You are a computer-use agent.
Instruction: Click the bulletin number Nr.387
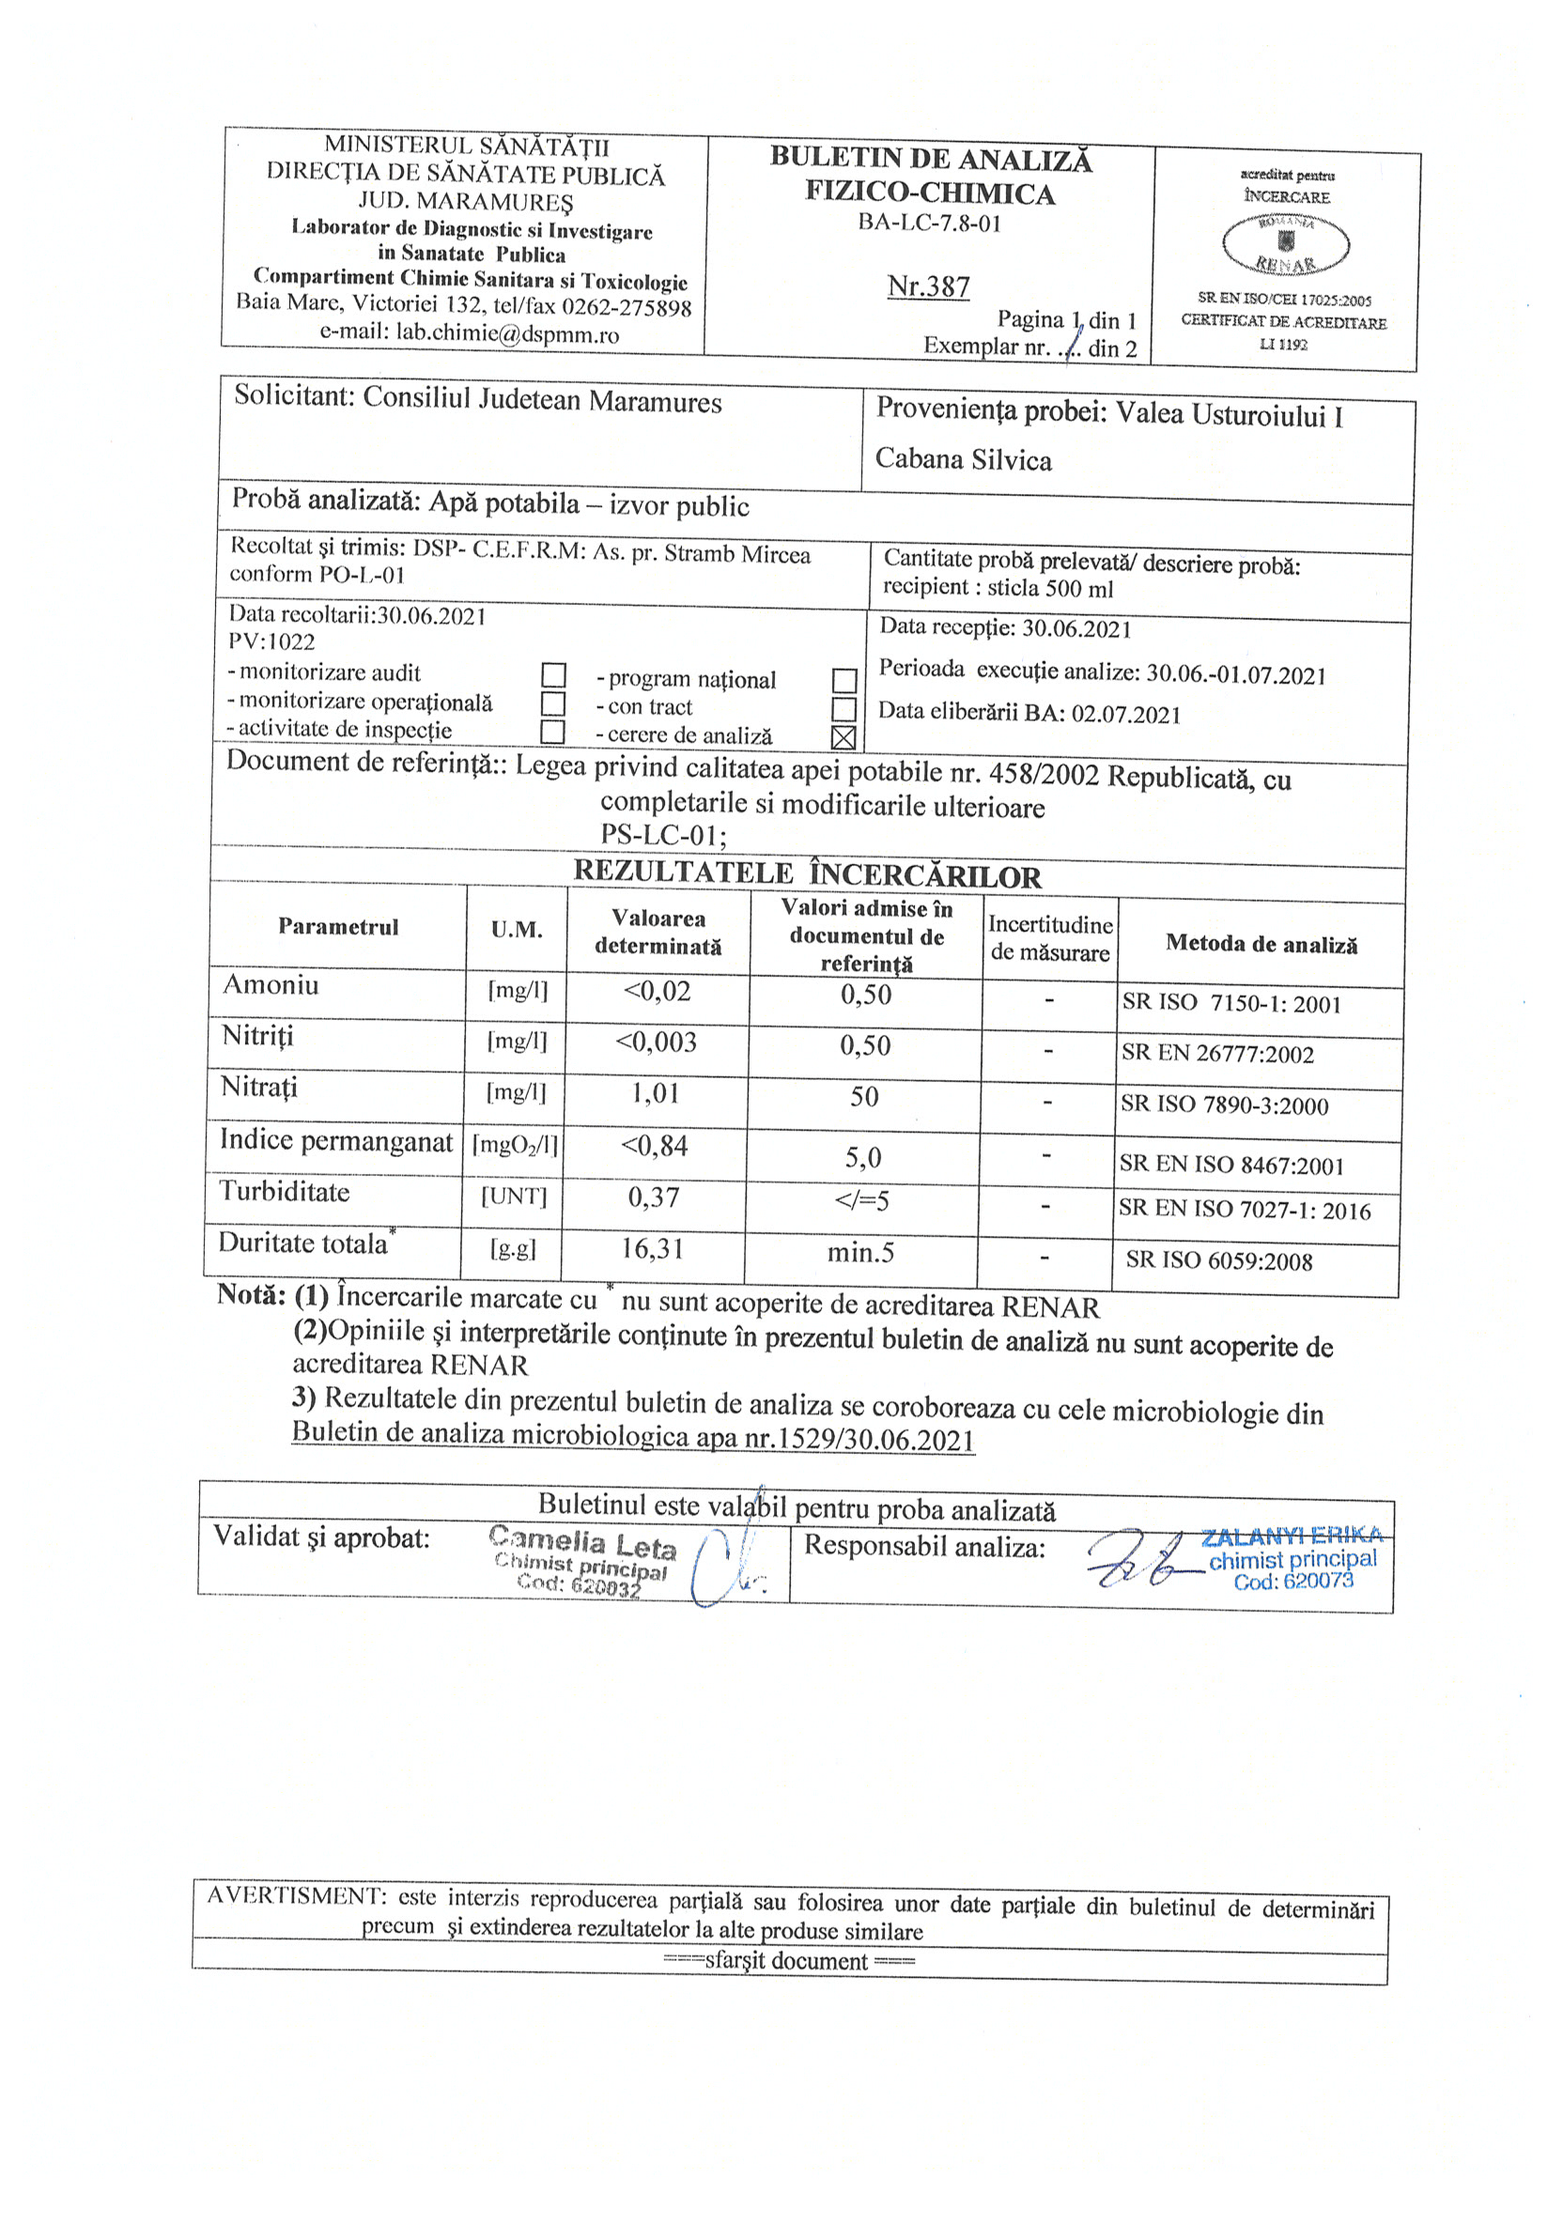[927, 286]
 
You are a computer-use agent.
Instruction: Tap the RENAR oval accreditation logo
[1285, 243]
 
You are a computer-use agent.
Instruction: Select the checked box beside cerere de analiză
[843, 737]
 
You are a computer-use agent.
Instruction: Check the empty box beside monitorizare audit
[553, 674]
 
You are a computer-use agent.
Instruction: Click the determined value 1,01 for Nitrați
[655, 1093]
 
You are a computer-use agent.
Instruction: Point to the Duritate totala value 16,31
[652, 1248]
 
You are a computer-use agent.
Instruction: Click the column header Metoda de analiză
[1261, 944]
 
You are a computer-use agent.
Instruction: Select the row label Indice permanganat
[335, 1140]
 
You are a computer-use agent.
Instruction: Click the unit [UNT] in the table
[514, 1197]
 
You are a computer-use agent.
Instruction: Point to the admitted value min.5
[860, 1254]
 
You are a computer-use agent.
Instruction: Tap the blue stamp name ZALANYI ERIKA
[1292, 1537]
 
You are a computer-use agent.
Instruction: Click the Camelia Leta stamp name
[581, 1540]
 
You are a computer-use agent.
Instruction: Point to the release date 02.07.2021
[1126, 715]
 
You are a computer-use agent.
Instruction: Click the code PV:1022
[271, 641]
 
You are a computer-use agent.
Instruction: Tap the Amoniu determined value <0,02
[657, 991]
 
